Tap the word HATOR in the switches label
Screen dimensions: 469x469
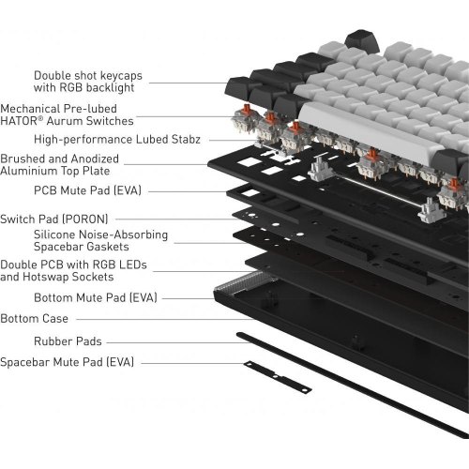point(21,121)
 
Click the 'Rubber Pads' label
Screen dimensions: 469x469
point(68,341)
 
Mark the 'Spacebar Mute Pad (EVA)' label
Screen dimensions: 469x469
point(67,361)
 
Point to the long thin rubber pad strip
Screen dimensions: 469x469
point(347,385)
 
